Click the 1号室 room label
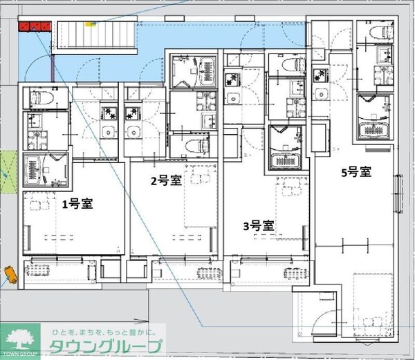[x=77, y=204]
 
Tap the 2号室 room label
[x=167, y=181]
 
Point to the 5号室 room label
[x=357, y=172]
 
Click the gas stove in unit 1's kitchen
[x=109, y=111]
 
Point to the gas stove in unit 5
[x=320, y=75]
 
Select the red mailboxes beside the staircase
[x=35, y=26]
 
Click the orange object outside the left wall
[x=10, y=274]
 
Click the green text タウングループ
[x=105, y=348]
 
